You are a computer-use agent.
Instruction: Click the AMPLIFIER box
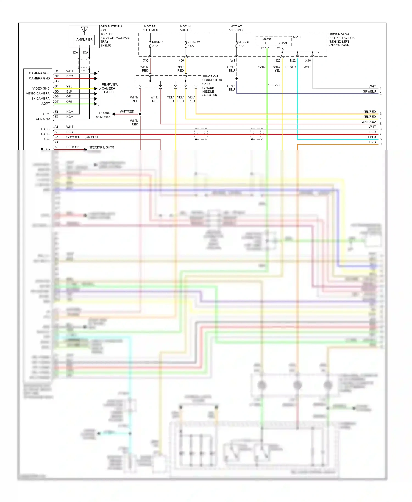point(84,40)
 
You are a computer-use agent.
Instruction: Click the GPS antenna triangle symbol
point(84,30)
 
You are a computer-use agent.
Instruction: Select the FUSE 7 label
point(157,42)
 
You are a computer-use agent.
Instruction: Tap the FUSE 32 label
point(194,42)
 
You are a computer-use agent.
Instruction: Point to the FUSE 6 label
point(244,42)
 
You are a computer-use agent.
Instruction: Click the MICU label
point(297,37)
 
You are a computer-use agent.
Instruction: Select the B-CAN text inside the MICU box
point(282,43)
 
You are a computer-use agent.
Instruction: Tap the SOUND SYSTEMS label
point(104,115)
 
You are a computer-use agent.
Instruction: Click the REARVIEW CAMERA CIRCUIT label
point(110,88)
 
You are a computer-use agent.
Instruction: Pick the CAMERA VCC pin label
point(39,73)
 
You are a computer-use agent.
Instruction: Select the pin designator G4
point(56,86)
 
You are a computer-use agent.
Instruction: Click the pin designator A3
point(56,137)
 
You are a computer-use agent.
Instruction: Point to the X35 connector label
point(146,60)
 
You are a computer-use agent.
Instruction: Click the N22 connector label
point(293,60)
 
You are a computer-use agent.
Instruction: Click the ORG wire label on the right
point(372,142)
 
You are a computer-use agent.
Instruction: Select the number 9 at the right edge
point(380,144)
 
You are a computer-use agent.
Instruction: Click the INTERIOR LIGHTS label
point(101,147)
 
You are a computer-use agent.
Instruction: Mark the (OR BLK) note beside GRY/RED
point(91,137)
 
